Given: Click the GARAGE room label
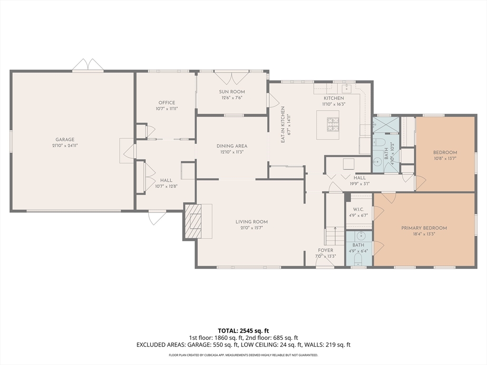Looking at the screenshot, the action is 65,140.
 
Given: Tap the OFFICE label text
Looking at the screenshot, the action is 167,103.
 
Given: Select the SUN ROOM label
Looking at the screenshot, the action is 232,92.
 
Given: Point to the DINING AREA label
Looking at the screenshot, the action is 232,146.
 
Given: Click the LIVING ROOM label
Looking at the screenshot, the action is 252,222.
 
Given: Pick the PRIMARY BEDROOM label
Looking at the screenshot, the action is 424,228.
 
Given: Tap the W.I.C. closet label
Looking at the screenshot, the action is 358,210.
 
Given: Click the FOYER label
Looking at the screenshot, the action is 325,250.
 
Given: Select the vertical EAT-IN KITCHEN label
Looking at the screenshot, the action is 283,125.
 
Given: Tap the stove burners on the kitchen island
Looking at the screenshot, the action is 332,125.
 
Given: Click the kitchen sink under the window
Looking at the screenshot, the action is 347,88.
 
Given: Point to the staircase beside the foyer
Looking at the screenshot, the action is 335,236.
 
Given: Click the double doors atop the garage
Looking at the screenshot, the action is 88,65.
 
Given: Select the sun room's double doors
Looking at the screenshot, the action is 232,78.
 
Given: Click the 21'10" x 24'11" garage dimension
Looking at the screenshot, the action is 65,145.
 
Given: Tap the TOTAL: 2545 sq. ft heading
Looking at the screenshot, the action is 243,331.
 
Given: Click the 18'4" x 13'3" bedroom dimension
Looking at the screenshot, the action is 424,234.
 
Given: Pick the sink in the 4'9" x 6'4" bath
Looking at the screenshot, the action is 361,236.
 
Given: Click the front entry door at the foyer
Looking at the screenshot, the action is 325,262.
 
